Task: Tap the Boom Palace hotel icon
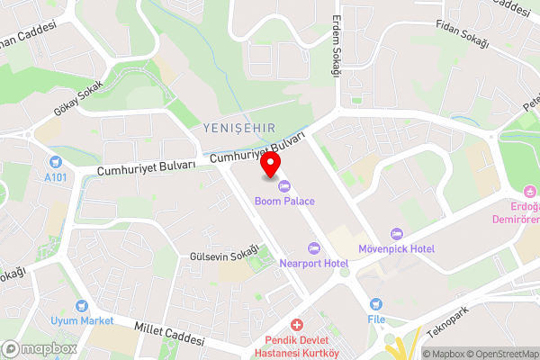[284, 186]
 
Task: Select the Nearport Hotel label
[313, 263]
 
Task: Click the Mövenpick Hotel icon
[396, 234]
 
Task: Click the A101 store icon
[57, 162]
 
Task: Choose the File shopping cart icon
[375, 304]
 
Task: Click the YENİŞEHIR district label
[238, 128]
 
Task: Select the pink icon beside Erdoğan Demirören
[530, 190]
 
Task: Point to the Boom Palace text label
[284, 202]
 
